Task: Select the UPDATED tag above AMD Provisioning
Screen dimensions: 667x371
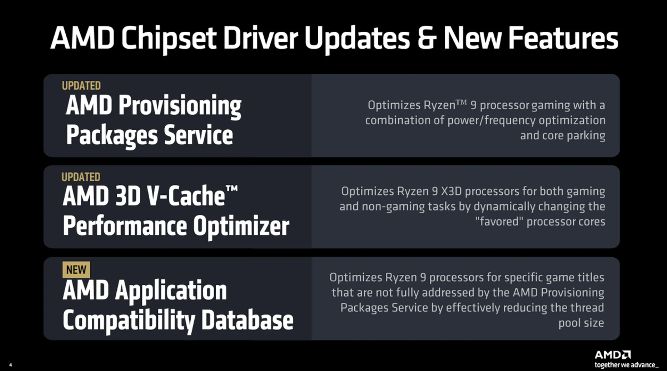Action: [x=81, y=86]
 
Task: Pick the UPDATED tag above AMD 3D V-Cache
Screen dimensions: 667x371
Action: [x=81, y=177]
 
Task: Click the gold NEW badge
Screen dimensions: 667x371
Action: [x=76, y=269]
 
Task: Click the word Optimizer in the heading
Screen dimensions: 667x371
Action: [x=241, y=227]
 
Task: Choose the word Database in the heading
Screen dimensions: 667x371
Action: [x=247, y=320]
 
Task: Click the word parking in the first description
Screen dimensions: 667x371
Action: [x=586, y=136]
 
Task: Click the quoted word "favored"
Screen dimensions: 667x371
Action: [x=499, y=221]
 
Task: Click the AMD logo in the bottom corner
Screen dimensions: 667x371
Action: [x=613, y=355]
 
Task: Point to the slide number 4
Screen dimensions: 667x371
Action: [x=10, y=365]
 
